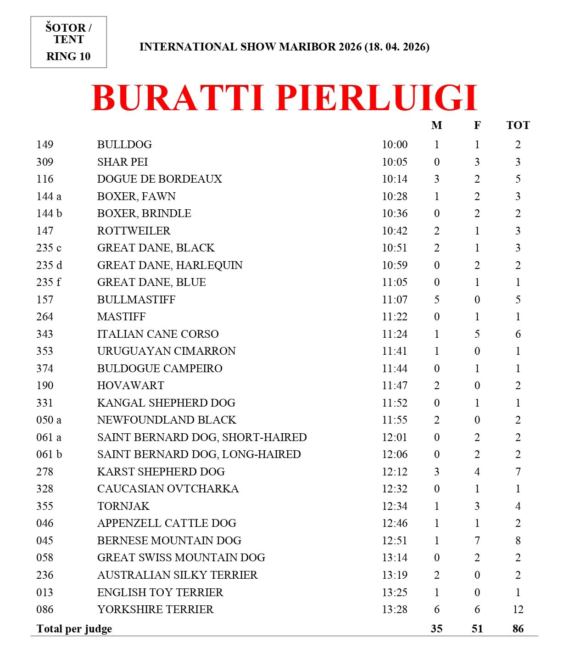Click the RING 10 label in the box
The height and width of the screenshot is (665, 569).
click(68, 56)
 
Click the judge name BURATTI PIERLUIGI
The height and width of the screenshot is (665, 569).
click(284, 98)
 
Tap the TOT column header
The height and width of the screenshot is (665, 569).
click(518, 125)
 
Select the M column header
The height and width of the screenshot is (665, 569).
click(436, 125)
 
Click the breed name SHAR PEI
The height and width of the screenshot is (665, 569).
click(123, 162)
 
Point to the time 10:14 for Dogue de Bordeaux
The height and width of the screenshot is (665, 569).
click(395, 179)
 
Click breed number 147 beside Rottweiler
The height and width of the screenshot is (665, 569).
click(45, 231)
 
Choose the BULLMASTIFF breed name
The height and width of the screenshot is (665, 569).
click(136, 300)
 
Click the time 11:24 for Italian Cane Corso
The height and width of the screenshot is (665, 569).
click(395, 334)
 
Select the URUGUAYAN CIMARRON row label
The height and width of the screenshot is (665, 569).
click(166, 351)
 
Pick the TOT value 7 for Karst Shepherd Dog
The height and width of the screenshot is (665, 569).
click(518, 472)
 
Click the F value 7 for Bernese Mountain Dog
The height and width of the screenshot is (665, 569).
click(477, 541)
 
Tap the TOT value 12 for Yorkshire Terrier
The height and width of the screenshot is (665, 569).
click(518, 609)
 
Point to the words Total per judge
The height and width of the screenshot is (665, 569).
click(74, 629)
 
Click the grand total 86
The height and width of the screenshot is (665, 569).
click(518, 629)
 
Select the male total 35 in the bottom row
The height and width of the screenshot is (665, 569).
click(436, 629)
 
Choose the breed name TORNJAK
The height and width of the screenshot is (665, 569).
click(123, 506)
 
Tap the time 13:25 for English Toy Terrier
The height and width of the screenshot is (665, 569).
click(395, 592)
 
